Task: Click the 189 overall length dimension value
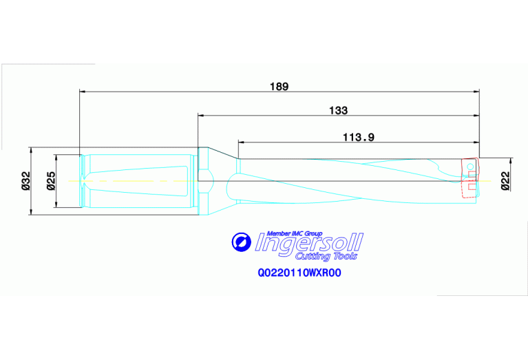click(x=279, y=87)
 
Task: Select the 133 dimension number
click(x=338, y=110)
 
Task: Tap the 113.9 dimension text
click(x=358, y=137)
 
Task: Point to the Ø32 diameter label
click(x=25, y=180)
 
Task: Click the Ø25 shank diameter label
click(x=50, y=180)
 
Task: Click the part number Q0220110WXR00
click(x=299, y=273)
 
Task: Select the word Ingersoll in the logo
click(x=308, y=243)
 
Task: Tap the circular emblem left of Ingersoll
click(x=240, y=242)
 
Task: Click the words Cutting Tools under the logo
click(x=332, y=256)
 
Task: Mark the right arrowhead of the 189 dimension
click(x=476, y=91)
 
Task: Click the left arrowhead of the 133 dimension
click(x=201, y=116)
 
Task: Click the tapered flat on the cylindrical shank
click(x=138, y=180)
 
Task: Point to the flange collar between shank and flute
click(x=204, y=180)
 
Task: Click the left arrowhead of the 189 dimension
click(x=83, y=91)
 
